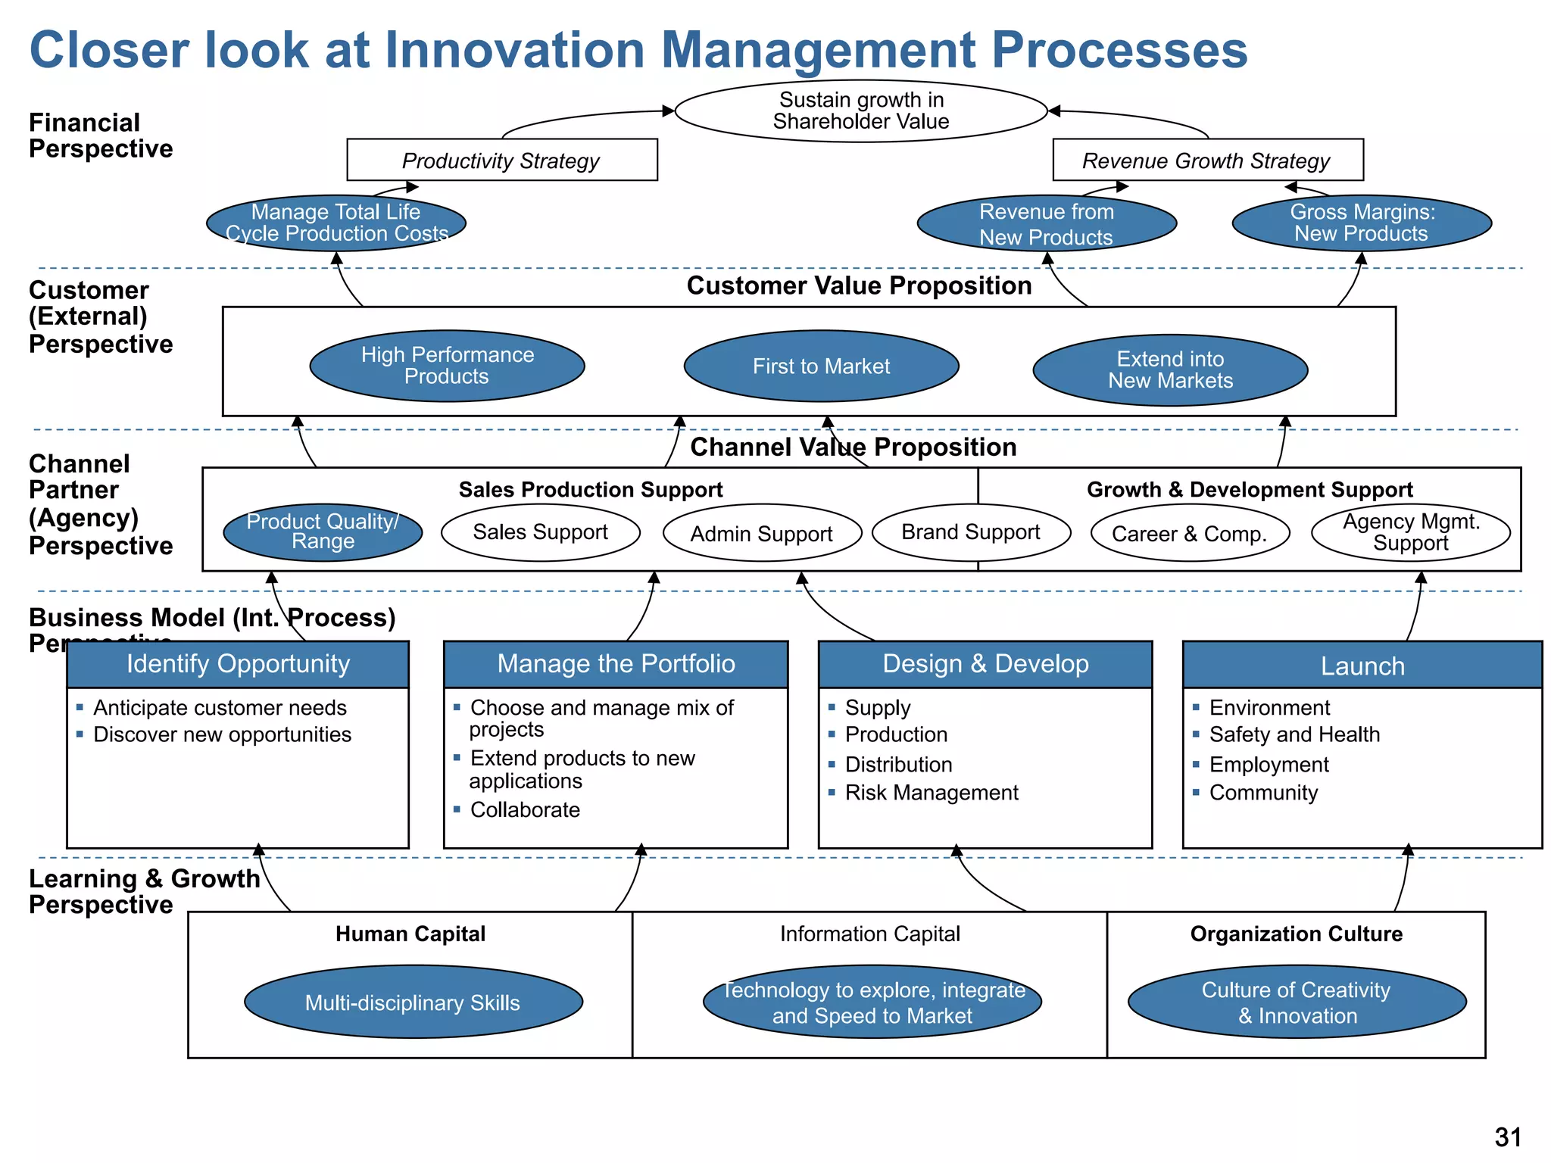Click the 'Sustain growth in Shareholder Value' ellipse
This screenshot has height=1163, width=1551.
pyautogui.click(x=861, y=111)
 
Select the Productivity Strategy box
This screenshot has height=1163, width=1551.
pyautogui.click(x=501, y=160)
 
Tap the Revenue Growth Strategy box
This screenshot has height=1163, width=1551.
pyautogui.click(x=1207, y=160)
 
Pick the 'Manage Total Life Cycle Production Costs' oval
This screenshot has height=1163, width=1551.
pyautogui.click(x=336, y=223)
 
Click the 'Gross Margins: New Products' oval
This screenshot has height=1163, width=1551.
pyautogui.click(x=1362, y=223)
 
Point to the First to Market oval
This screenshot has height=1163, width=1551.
pyautogui.click(x=821, y=366)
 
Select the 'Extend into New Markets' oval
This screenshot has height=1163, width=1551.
pyautogui.click(x=1170, y=369)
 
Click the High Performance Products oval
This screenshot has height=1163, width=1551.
pyautogui.click(x=447, y=366)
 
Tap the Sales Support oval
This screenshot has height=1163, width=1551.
pyautogui.click(x=540, y=532)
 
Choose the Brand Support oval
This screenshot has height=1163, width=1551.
pyautogui.click(x=971, y=532)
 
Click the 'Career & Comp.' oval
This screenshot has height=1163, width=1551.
pyautogui.click(x=1189, y=534)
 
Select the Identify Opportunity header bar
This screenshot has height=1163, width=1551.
pyautogui.click(x=238, y=664)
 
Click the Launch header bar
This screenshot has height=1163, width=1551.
pyautogui.click(x=1362, y=666)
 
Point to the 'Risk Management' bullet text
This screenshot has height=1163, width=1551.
pyautogui.click(x=931, y=793)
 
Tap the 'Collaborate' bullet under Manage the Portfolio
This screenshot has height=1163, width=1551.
pyautogui.click(x=525, y=809)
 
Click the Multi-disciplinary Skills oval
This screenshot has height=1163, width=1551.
pyautogui.click(x=413, y=1002)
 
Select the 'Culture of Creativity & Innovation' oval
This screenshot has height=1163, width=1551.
pyautogui.click(x=1297, y=1002)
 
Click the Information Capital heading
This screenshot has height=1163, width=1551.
pyautogui.click(x=869, y=934)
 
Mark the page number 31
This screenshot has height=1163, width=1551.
pyautogui.click(x=1507, y=1136)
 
